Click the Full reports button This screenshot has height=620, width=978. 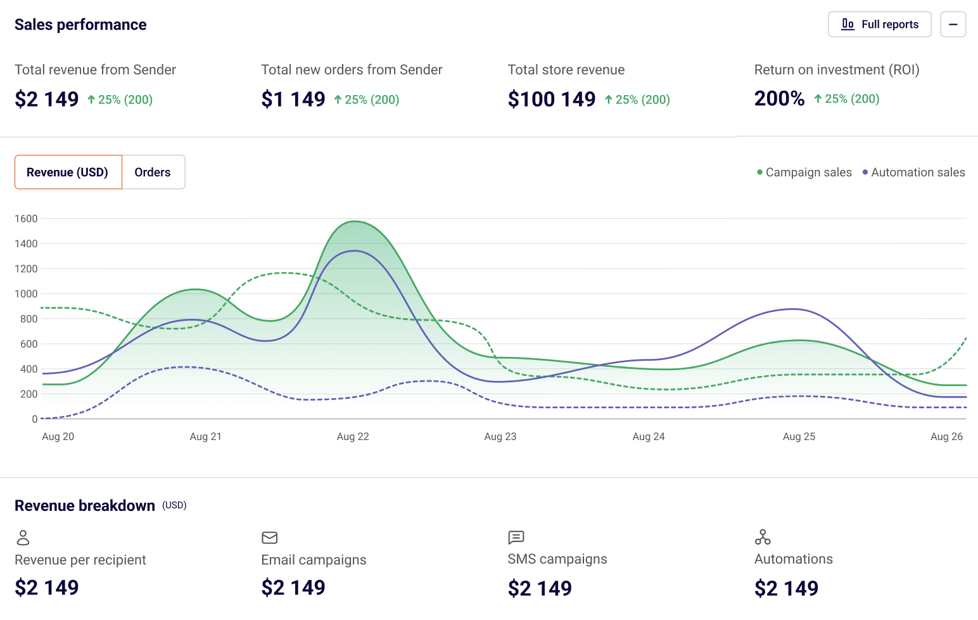879,25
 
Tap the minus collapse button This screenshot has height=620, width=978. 953,25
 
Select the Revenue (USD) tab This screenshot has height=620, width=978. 68,172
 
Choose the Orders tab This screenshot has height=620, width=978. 153,172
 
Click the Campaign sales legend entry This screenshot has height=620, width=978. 804,172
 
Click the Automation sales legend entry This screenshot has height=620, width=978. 913,172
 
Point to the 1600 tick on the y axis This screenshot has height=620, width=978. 26,219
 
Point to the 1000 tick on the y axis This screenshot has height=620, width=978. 26,294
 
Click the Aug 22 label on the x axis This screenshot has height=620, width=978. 353,437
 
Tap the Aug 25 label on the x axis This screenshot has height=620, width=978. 799,437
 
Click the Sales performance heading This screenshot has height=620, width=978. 80,25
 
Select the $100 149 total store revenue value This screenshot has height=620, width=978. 551,99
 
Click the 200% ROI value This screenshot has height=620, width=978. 779,98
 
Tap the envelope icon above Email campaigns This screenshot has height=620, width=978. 270,538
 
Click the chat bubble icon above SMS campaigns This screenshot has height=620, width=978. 516,538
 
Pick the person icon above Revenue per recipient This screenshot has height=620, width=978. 23,538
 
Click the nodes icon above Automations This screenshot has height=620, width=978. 763,538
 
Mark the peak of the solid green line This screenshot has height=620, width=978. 355,221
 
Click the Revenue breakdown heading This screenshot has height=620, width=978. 85,506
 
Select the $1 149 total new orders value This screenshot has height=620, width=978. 293,99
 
